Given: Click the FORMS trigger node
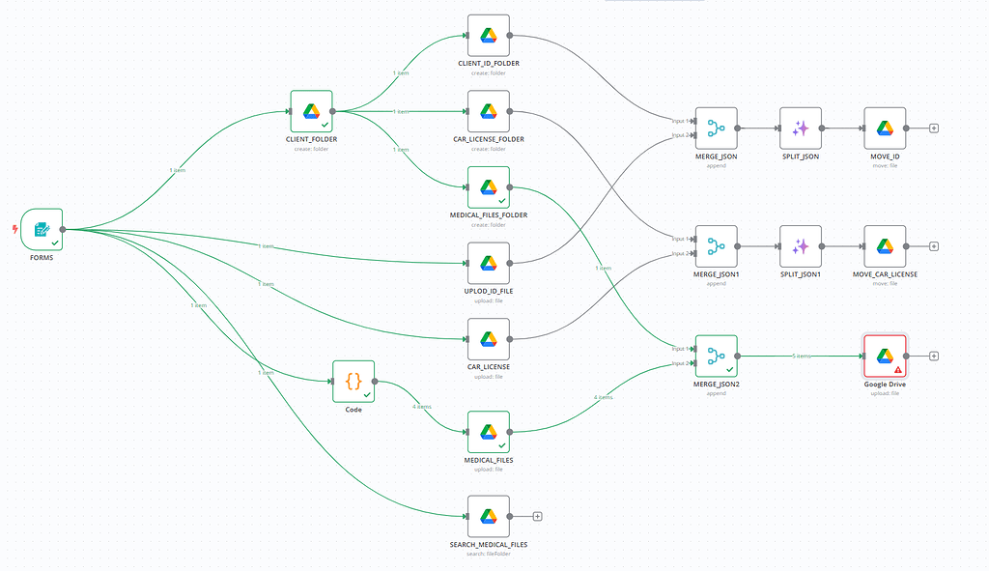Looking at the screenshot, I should (x=42, y=229).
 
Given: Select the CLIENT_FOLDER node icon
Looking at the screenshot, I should (x=311, y=111).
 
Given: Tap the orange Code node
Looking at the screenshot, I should (x=353, y=382).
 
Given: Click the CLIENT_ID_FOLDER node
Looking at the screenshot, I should (x=488, y=36).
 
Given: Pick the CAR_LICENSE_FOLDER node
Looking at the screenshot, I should (x=488, y=111).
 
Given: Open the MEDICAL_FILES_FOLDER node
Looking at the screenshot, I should (x=488, y=186).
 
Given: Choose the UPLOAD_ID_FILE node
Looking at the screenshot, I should (x=488, y=263).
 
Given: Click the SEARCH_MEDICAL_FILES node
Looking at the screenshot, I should (x=488, y=516).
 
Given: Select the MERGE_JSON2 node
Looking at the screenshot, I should (x=716, y=356).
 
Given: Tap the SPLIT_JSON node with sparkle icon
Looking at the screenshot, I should (x=800, y=128).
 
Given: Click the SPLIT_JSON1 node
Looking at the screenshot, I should (x=800, y=246).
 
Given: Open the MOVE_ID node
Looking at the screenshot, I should (x=884, y=128).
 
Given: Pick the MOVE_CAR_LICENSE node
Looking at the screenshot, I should (x=884, y=246).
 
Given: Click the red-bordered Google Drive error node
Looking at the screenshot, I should (x=884, y=356).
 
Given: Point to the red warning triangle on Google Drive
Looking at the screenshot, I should (x=898, y=369).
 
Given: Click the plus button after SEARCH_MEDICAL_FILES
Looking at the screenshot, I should (x=538, y=516).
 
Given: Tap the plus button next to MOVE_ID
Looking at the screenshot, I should (x=934, y=128).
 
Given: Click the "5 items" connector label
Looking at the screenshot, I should (x=801, y=356).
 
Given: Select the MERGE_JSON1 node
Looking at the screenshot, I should (x=716, y=246).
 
